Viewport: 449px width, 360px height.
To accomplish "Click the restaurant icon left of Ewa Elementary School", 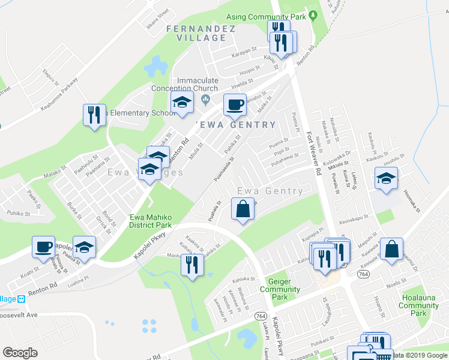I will (94, 115).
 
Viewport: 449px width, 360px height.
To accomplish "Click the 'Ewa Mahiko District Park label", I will (150, 221).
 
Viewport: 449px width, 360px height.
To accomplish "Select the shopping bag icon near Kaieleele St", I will (391, 249).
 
